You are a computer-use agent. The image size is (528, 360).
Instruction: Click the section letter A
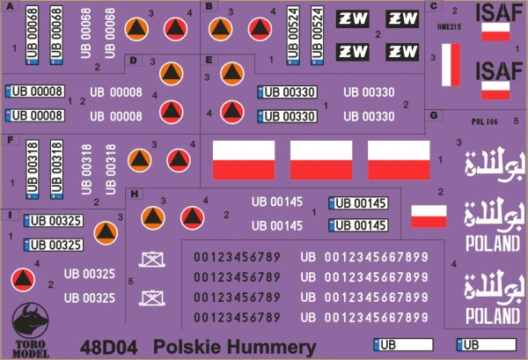click(x=11, y=7)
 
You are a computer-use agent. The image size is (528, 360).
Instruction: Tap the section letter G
click(x=435, y=114)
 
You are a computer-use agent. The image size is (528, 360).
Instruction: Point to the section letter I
click(x=10, y=215)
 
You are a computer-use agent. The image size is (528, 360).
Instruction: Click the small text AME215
click(x=449, y=28)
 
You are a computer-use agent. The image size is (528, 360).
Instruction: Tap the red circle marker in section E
click(x=231, y=111)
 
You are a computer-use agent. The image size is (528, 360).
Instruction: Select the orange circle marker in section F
click(x=139, y=159)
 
